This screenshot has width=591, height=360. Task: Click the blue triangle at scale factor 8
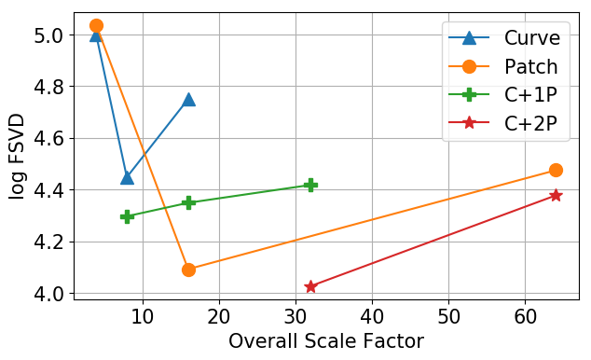tap(127, 177)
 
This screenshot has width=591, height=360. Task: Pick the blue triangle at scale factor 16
tap(188, 100)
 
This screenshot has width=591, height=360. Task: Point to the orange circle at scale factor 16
tap(188, 270)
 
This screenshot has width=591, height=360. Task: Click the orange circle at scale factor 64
tap(556, 170)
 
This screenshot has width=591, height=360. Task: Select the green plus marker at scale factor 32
tap(310, 185)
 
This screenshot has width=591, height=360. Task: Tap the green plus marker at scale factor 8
tap(127, 216)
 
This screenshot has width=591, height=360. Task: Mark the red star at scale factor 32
tap(310, 286)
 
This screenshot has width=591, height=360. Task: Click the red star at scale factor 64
tap(556, 195)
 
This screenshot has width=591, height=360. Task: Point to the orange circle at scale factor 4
tap(96, 25)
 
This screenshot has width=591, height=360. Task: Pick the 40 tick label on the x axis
tap(372, 315)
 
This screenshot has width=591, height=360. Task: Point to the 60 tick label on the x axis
tap(525, 315)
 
